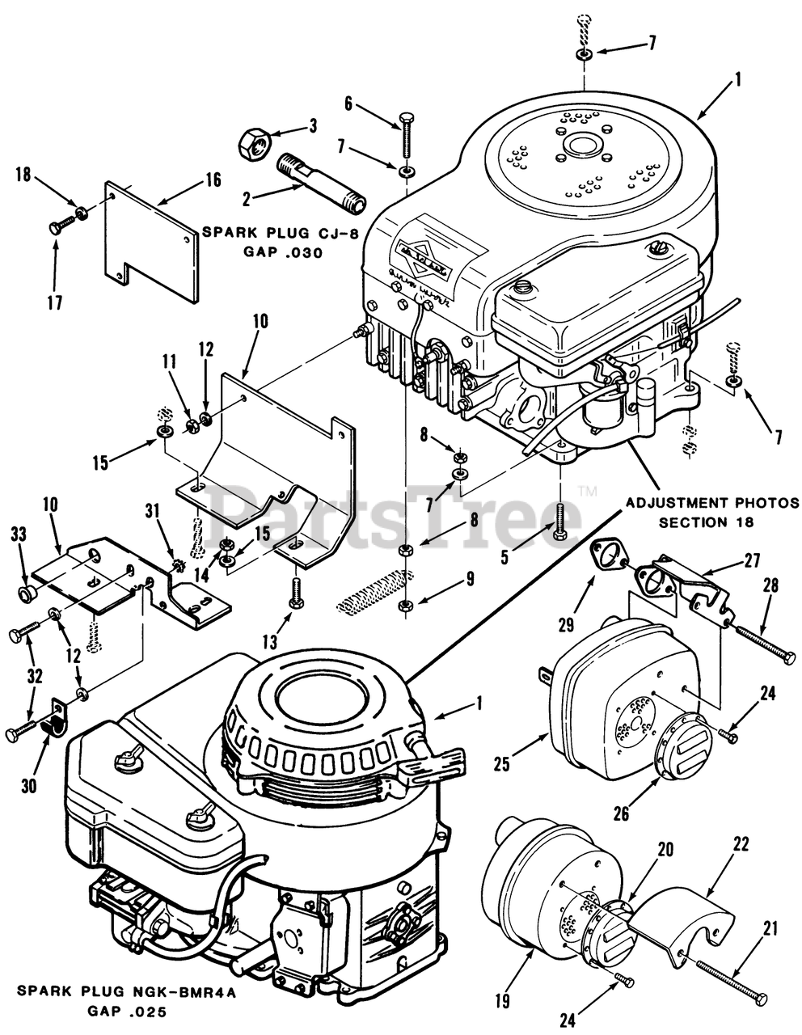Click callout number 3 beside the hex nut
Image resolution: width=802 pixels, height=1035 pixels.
313,126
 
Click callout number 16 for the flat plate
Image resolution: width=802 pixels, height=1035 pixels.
213,180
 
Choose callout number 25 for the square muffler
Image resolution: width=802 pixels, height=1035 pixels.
502,763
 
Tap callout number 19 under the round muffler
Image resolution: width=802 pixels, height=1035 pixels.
503,1002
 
